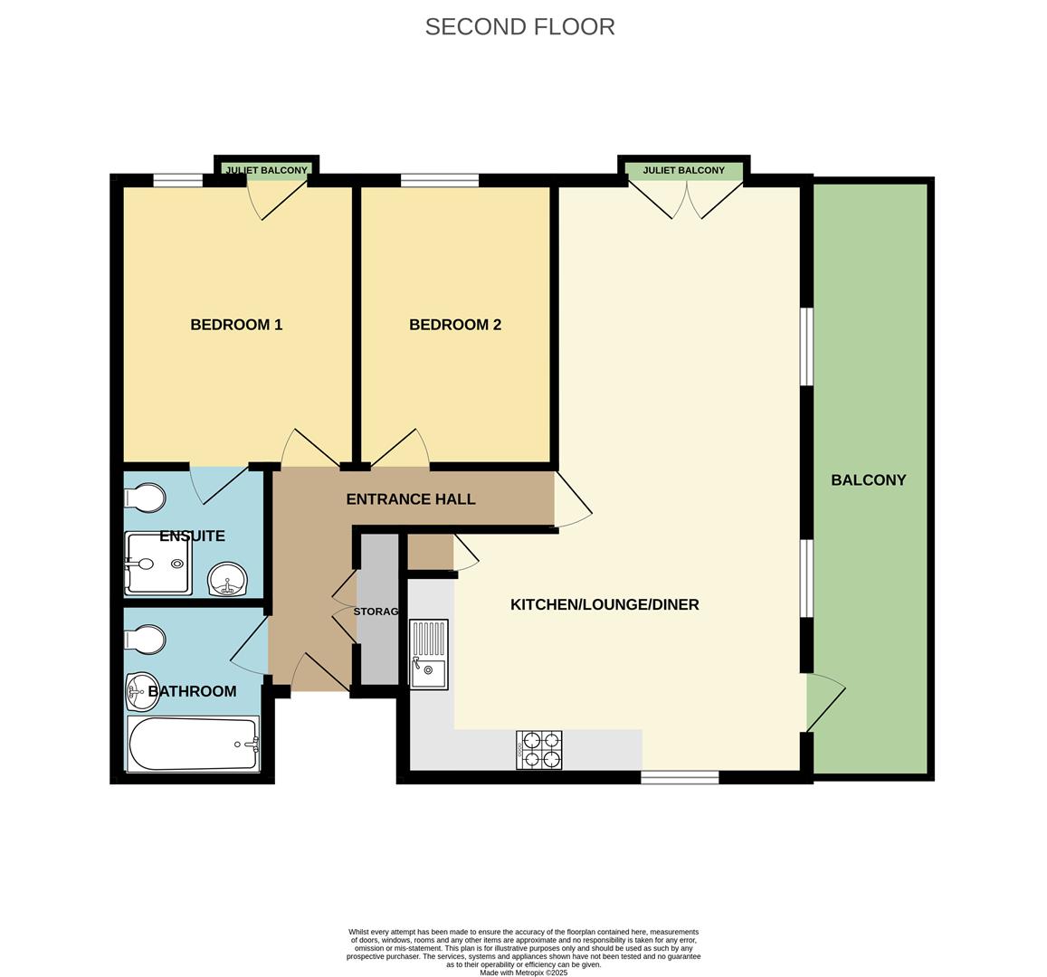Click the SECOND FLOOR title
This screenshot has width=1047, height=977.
pyautogui.click(x=519, y=27)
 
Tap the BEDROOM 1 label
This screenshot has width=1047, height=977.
pyautogui.click(x=236, y=325)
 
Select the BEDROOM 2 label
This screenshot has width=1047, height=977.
pyautogui.click(x=455, y=325)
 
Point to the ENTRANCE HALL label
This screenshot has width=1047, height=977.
pyautogui.click(x=411, y=499)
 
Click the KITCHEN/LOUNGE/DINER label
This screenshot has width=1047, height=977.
pyautogui.click(x=604, y=604)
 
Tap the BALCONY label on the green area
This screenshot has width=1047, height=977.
pyautogui.click(x=869, y=480)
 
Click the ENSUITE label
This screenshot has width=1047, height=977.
pyautogui.click(x=192, y=536)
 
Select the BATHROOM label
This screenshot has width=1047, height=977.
pyautogui.click(x=192, y=691)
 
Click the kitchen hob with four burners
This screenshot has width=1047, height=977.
pyautogui.click(x=539, y=750)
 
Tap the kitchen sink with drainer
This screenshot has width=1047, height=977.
pyautogui.click(x=429, y=654)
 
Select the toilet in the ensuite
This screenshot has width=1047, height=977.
pyautogui.click(x=146, y=498)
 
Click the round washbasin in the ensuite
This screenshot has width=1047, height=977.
pyautogui.click(x=228, y=580)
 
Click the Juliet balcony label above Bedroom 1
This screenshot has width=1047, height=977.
pyautogui.click(x=266, y=170)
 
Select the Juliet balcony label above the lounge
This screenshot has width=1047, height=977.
pyautogui.click(x=683, y=170)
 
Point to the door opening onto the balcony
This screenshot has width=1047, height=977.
pyautogui.click(x=824, y=702)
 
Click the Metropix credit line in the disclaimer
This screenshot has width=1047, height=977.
pyautogui.click(x=523, y=972)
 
